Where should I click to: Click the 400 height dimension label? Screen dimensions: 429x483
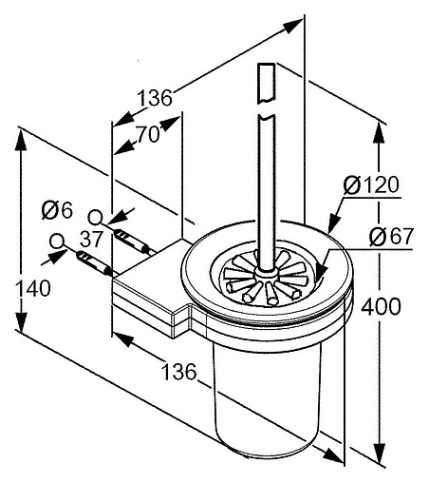click(x=381, y=306)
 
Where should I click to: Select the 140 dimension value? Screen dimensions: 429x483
click(x=33, y=288)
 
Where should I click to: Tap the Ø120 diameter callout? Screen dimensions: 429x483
click(x=371, y=184)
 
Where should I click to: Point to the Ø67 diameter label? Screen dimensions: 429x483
click(x=392, y=237)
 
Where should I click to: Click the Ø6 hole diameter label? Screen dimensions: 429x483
click(x=57, y=210)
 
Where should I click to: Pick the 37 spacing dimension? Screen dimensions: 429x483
click(x=91, y=239)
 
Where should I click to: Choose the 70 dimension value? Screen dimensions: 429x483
click(x=148, y=134)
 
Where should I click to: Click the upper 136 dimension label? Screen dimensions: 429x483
click(x=155, y=98)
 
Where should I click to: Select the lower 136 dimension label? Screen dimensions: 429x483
click(x=179, y=372)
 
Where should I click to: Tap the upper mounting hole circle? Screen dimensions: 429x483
click(x=95, y=218)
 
